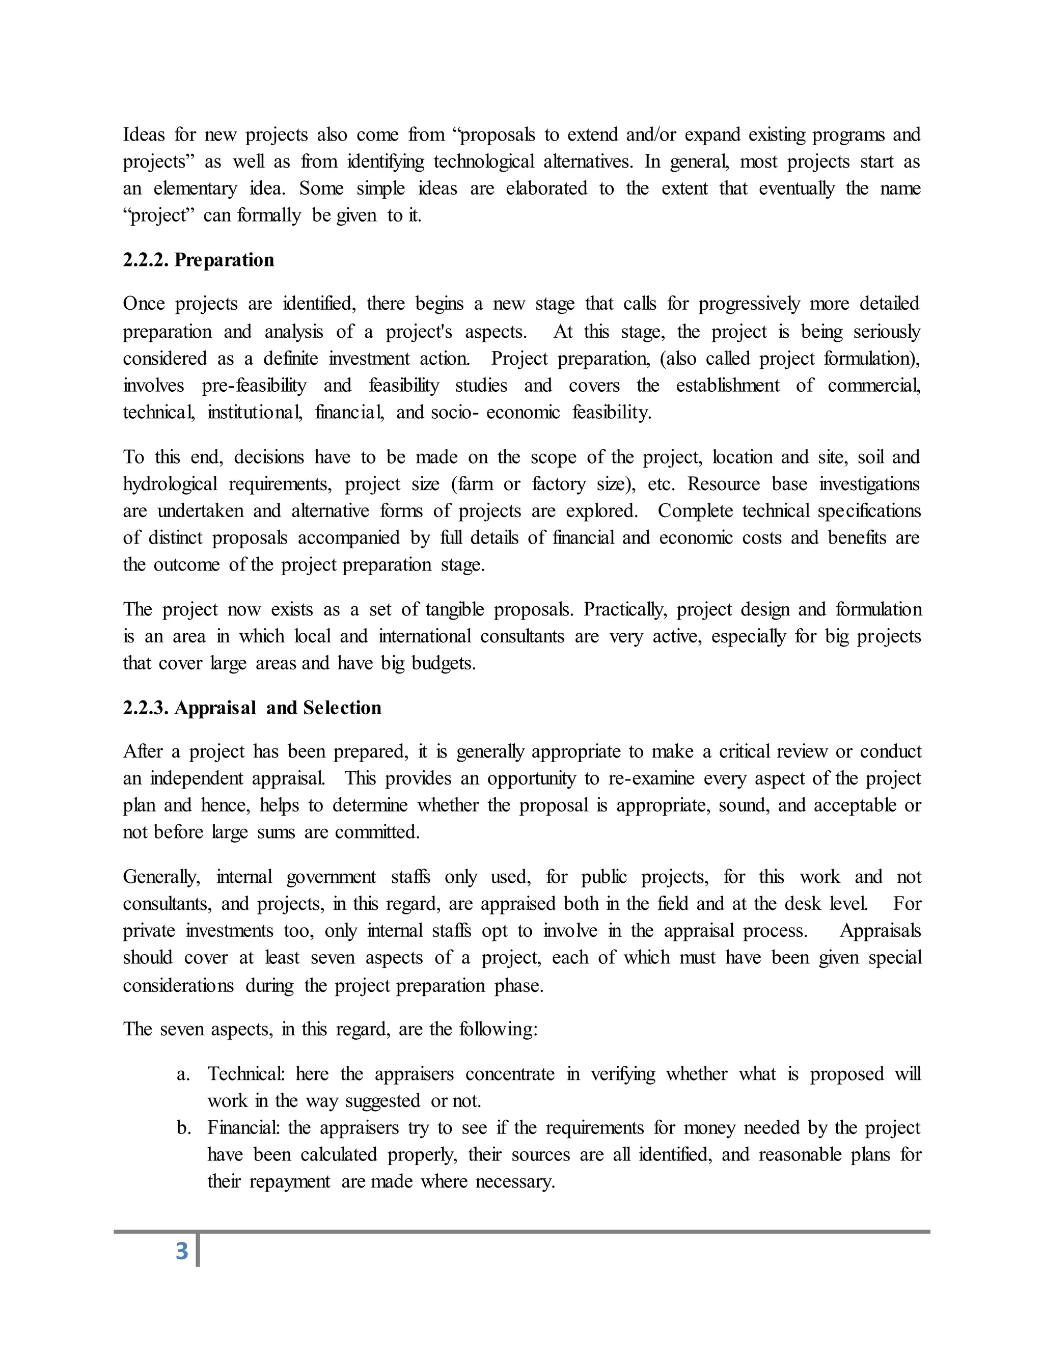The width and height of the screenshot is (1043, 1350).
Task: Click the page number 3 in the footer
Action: tap(182, 1251)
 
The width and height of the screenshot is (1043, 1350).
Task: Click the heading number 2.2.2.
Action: tap(146, 260)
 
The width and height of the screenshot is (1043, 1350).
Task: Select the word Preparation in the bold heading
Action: tap(224, 260)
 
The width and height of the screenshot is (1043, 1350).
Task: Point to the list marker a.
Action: tap(182, 1074)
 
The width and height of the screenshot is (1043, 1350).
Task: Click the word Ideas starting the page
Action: tap(143, 135)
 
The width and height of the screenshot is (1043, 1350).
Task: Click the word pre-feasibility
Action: tap(254, 386)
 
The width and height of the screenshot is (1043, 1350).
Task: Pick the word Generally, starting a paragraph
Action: tap(161, 877)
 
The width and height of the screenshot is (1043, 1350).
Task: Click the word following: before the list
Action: tap(498, 1029)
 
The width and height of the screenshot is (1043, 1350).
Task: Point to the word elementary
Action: tap(195, 188)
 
